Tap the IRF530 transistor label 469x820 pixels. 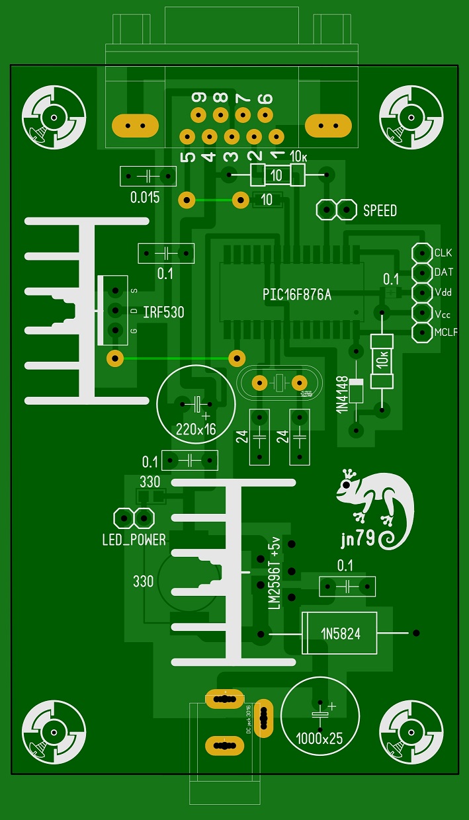(x=163, y=312)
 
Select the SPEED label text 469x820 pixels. (x=380, y=211)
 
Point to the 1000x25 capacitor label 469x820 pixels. (x=320, y=739)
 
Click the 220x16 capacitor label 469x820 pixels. (x=196, y=429)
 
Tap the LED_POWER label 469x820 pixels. (x=134, y=540)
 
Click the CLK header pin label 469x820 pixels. (x=443, y=253)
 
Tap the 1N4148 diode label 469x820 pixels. (x=342, y=395)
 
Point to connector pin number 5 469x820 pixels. (x=188, y=157)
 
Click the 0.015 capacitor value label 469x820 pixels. (x=145, y=197)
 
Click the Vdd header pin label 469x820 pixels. (x=443, y=292)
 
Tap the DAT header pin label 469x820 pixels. (x=444, y=272)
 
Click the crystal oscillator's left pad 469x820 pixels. (x=260, y=382)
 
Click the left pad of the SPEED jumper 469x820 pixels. (x=325, y=210)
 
